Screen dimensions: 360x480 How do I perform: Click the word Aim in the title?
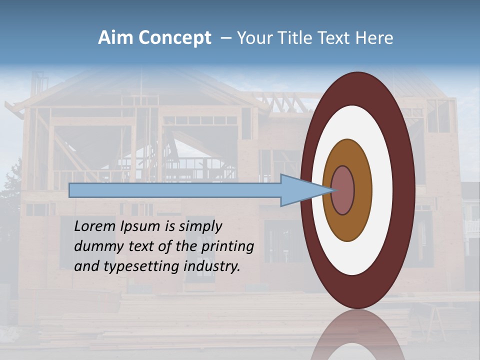click(115, 38)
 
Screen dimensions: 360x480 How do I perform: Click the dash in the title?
click(225, 38)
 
